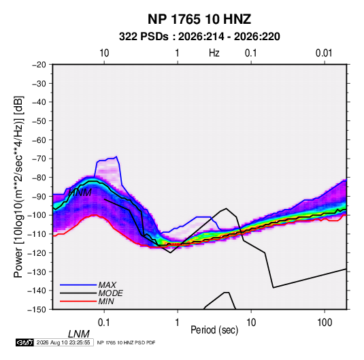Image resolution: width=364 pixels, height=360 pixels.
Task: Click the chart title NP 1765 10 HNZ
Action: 199,19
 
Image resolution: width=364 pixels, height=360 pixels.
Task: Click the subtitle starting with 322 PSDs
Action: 199,37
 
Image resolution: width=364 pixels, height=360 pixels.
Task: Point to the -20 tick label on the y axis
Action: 39,65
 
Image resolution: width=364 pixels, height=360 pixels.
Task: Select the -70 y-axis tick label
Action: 39,159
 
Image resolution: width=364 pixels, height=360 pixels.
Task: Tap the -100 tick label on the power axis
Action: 37,215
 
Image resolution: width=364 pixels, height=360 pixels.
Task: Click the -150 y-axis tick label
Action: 37,310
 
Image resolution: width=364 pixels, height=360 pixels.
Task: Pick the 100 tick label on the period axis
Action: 325,323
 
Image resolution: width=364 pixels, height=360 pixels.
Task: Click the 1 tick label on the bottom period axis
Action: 178,323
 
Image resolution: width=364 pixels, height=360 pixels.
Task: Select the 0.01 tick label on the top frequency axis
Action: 324,53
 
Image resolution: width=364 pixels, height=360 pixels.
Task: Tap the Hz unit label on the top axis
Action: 214,53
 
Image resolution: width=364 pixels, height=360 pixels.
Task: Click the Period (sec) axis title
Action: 214,330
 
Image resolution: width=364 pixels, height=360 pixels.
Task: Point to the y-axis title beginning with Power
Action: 19,187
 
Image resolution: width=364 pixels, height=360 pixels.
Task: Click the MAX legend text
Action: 107,285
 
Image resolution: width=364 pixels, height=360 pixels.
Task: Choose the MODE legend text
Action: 110,293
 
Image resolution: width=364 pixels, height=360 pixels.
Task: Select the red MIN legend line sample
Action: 78,301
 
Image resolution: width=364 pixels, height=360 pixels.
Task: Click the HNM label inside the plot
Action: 80,193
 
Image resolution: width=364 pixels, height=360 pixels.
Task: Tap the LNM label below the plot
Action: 78,334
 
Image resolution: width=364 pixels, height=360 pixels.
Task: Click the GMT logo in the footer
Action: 24,342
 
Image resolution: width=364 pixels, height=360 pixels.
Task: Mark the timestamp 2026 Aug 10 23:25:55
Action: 63,342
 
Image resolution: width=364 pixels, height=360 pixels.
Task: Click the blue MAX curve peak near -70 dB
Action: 116,157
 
